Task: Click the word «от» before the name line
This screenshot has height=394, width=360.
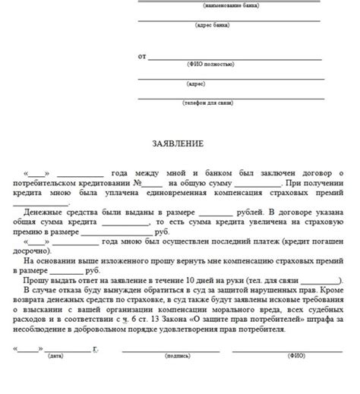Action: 142,56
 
